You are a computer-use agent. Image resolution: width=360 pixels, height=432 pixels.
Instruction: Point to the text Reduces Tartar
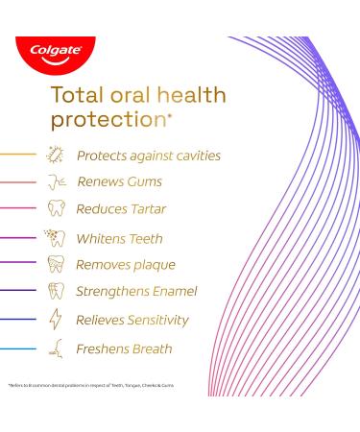[x=124, y=210]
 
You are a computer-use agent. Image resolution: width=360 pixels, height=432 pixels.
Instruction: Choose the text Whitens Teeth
[x=120, y=238]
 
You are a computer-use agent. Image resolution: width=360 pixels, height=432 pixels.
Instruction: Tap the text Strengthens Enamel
[x=137, y=293]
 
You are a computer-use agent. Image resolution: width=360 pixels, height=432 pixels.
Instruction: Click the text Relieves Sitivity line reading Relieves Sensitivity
[x=132, y=320]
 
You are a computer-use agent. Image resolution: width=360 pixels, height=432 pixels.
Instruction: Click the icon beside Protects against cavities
[x=55, y=155]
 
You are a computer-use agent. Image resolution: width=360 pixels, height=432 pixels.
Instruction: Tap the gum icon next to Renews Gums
[x=55, y=182]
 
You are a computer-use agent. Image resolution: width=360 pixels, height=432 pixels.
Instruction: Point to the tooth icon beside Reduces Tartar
[x=55, y=210]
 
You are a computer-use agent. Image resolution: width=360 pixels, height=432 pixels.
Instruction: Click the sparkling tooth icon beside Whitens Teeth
[x=55, y=237]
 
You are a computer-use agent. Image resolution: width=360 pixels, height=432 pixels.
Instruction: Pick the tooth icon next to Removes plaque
[x=55, y=265]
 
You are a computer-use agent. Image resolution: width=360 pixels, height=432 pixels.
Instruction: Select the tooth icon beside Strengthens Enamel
[x=55, y=293]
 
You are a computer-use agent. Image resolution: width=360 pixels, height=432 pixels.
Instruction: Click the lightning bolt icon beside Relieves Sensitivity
[x=55, y=321]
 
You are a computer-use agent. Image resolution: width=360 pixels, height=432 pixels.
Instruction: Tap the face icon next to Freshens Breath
[x=56, y=348]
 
